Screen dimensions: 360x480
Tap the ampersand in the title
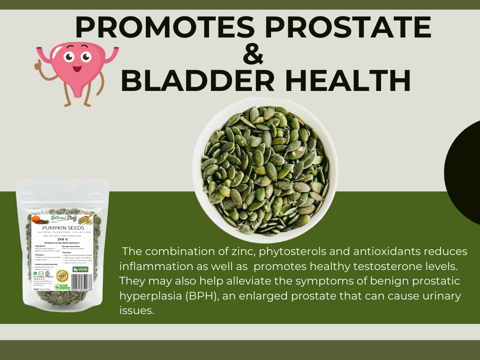point(254,54)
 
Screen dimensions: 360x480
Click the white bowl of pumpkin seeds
point(265,166)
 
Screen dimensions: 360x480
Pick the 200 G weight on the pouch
point(63,238)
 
